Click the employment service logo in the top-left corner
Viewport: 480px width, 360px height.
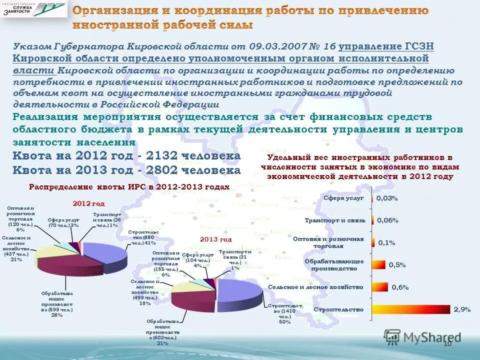[33, 9]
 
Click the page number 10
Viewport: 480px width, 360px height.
[447, 343]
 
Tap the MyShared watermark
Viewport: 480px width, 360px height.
[422, 337]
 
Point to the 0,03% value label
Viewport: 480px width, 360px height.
[387, 198]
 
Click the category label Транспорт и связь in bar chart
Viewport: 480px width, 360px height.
[335, 220]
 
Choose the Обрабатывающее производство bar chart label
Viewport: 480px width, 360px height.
[334, 264]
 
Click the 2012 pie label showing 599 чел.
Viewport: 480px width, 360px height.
[56, 304]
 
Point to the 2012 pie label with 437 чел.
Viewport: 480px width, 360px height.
[16, 249]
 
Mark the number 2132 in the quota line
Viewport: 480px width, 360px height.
[164, 156]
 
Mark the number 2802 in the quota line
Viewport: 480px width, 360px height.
[164, 170]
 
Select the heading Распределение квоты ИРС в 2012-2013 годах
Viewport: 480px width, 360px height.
[129, 187]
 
